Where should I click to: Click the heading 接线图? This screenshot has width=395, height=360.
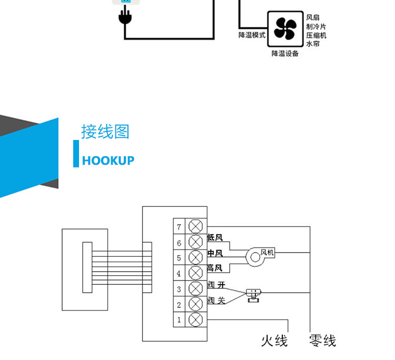click(x=105, y=132)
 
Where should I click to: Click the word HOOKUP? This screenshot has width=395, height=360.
click(x=108, y=161)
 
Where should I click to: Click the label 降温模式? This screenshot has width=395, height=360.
click(x=252, y=35)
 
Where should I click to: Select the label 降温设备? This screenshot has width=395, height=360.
click(x=285, y=54)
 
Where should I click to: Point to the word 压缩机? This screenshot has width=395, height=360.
click(x=316, y=35)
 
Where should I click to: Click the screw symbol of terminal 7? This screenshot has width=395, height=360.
click(x=196, y=227)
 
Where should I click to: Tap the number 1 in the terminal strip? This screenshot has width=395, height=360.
click(x=179, y=319)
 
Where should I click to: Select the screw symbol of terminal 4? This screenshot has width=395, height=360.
click(x=196, y=273)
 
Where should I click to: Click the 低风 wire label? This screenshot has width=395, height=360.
click(x=215, y=238)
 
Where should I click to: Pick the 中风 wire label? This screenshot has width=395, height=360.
click(x=215, y=253)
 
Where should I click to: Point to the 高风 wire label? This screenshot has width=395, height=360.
click(x=215, y=268)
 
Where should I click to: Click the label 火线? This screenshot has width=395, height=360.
click(x=274, y=341)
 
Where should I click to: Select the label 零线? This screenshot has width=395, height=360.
click(x=322, y=341)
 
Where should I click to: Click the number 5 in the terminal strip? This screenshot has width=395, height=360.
click(x=179, y=258)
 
